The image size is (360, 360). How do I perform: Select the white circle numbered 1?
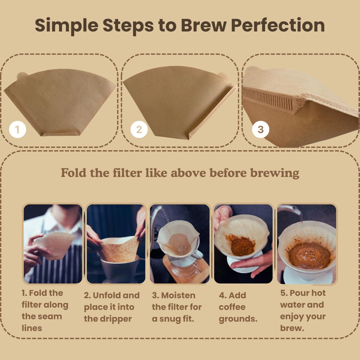tap(17, 130)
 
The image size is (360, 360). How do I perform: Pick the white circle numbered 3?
tap(260, 130)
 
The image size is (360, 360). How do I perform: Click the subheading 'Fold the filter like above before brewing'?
tap(180, 173)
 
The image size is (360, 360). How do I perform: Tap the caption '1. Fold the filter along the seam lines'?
tap(45, 310)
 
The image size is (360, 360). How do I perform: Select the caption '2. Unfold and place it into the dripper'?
tap(112, 307)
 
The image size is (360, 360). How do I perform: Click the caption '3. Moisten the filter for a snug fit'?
tap(177, 307)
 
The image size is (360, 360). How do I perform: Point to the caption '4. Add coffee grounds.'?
tap(238, 307)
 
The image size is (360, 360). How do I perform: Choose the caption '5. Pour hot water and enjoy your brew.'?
tap(303, 310)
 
